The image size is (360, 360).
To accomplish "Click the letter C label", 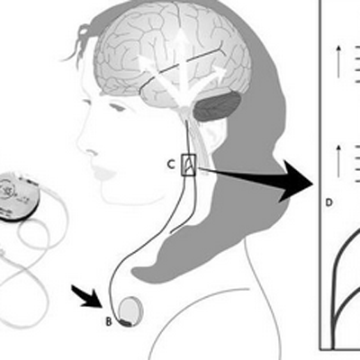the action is click(x=171, y=165).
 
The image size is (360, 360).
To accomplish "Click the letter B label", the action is click(x=109, y=321).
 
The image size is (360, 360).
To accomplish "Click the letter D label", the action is click(x=329, y=202).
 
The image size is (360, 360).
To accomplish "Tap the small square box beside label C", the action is click(x=188, y=165).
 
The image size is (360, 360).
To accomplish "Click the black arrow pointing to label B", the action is click(x=87, y=297).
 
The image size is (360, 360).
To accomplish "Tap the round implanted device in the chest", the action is click(x=130, y=311).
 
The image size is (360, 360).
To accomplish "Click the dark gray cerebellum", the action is click(x=217, y=106).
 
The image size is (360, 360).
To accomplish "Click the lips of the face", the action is click(x=103, y=172).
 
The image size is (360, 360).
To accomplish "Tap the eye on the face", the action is click(x=117, y=107).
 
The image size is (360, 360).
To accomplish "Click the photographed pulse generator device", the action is click(x=19, y=196).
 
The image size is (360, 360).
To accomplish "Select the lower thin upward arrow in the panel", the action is click(x=338, y=160).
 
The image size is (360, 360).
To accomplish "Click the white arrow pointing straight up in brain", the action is click(x=180, y=60).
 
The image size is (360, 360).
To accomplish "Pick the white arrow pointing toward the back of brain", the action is click(x=207, y=81).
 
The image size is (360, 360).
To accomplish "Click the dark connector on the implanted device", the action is click(x=125, y=323).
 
